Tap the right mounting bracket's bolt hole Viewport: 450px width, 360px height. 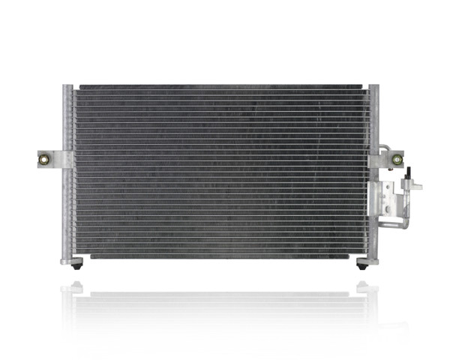[x=397, y=160]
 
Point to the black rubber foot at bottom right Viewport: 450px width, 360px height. [x=363, y=264]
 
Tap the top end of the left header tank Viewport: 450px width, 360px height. [x=67, y=89]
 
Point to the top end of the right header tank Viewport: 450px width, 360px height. [x=373, y=89]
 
